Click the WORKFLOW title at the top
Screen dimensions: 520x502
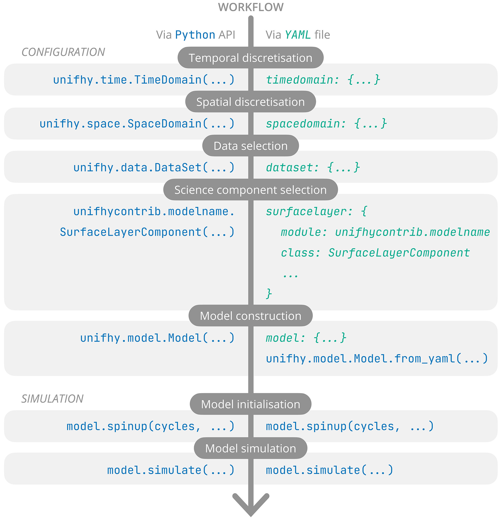(251, 7)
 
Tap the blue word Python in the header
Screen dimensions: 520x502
(195, 35)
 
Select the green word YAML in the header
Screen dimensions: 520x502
(298, 35)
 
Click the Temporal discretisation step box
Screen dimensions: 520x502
(250, 58)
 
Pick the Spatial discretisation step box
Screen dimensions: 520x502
(250, 102)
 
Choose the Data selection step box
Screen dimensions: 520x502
(250, 146)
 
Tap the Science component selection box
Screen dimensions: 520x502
(250, 190)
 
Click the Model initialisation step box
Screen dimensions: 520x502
(250, 404)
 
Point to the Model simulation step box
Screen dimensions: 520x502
(250, 448)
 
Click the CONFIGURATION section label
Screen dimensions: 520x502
(63, 52)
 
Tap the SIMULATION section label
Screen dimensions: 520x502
(52, 399)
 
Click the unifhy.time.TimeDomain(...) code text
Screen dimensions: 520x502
(144, 80)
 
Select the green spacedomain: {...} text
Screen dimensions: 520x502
(326, 124)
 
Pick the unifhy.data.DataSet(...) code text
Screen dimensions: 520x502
(154, 168)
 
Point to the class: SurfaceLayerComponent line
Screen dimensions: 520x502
(375, 253)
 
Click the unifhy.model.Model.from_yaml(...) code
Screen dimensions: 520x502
(377, 359)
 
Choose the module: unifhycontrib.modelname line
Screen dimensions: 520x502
(385, 232)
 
